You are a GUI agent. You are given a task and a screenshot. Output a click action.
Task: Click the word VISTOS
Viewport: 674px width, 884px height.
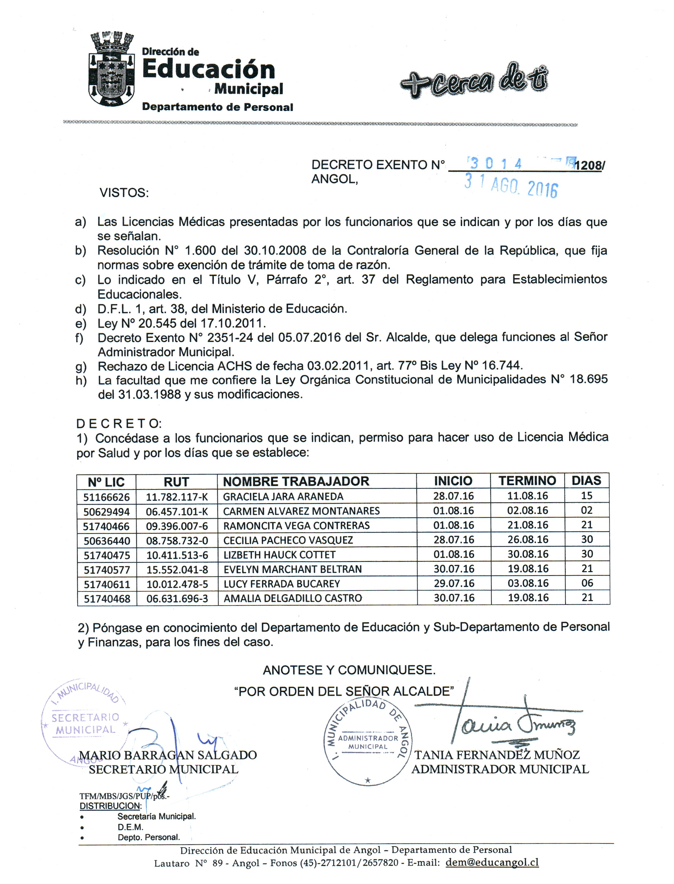pyautogui.click(x=124, y=193)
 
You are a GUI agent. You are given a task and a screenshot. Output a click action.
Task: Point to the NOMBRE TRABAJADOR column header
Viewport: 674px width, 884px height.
pyautogui.click(x=296, y=481)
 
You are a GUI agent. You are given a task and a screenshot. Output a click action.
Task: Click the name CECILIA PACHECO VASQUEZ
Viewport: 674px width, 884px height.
pyautogui.click(x=288, y=540)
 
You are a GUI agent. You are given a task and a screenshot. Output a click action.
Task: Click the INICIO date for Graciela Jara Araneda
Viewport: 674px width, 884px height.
pyautogui.click(x=453, y=496)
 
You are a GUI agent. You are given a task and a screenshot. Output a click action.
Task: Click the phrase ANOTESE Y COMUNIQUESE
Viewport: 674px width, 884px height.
pyautogui.click(x=349, y=670)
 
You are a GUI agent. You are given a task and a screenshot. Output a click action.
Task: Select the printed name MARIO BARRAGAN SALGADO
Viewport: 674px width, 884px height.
pyautogui.click(x=168, y=755)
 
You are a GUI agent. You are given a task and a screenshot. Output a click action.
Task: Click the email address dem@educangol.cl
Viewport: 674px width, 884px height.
pyautogui.click(x=492, y=862)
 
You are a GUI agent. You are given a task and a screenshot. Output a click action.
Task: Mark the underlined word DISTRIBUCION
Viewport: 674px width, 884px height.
pyautogui.click(x=110, y=806)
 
